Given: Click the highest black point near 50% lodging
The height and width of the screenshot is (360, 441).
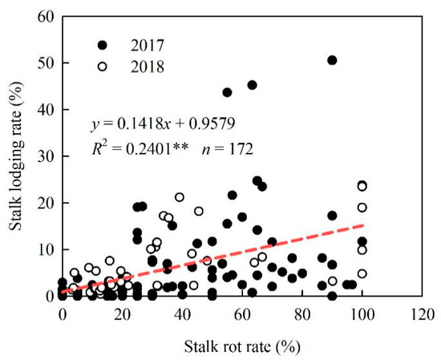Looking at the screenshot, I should [x=332, y=60].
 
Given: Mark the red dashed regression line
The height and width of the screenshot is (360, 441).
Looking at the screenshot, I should [x=241, y=257].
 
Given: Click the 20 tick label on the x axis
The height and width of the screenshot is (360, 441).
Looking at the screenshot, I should [x=122, y=313].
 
